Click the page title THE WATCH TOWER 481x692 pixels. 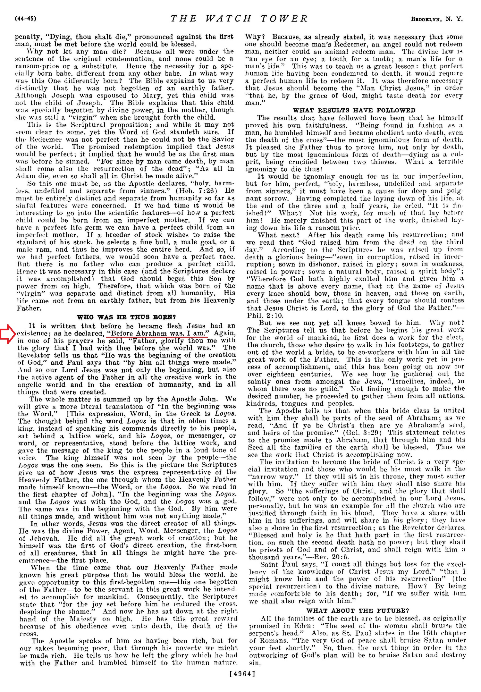[239, 19]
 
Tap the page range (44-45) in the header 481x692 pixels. [26, 19]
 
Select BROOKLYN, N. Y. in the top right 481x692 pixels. [437, 19]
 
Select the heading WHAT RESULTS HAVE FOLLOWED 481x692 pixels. [354, 110]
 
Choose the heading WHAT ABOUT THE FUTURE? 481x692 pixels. [358, 611]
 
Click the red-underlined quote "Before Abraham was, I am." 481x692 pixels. [158, 333]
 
